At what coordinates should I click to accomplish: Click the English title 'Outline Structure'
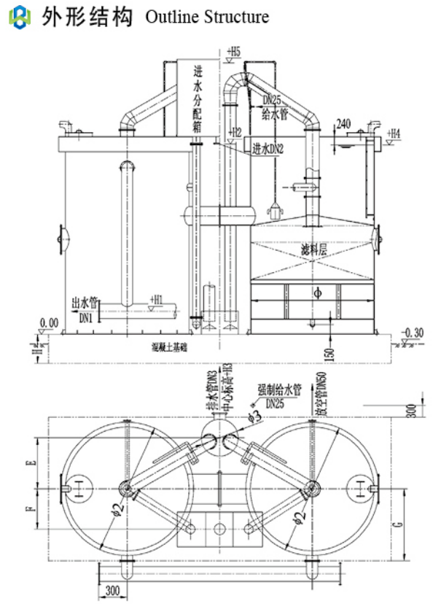pos(207,17)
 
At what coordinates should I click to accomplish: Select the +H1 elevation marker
pos(156,299)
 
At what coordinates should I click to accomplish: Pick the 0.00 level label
pos(50,322)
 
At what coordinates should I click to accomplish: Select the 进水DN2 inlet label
pos(268,149)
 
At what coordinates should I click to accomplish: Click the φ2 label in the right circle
pos(297,519)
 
